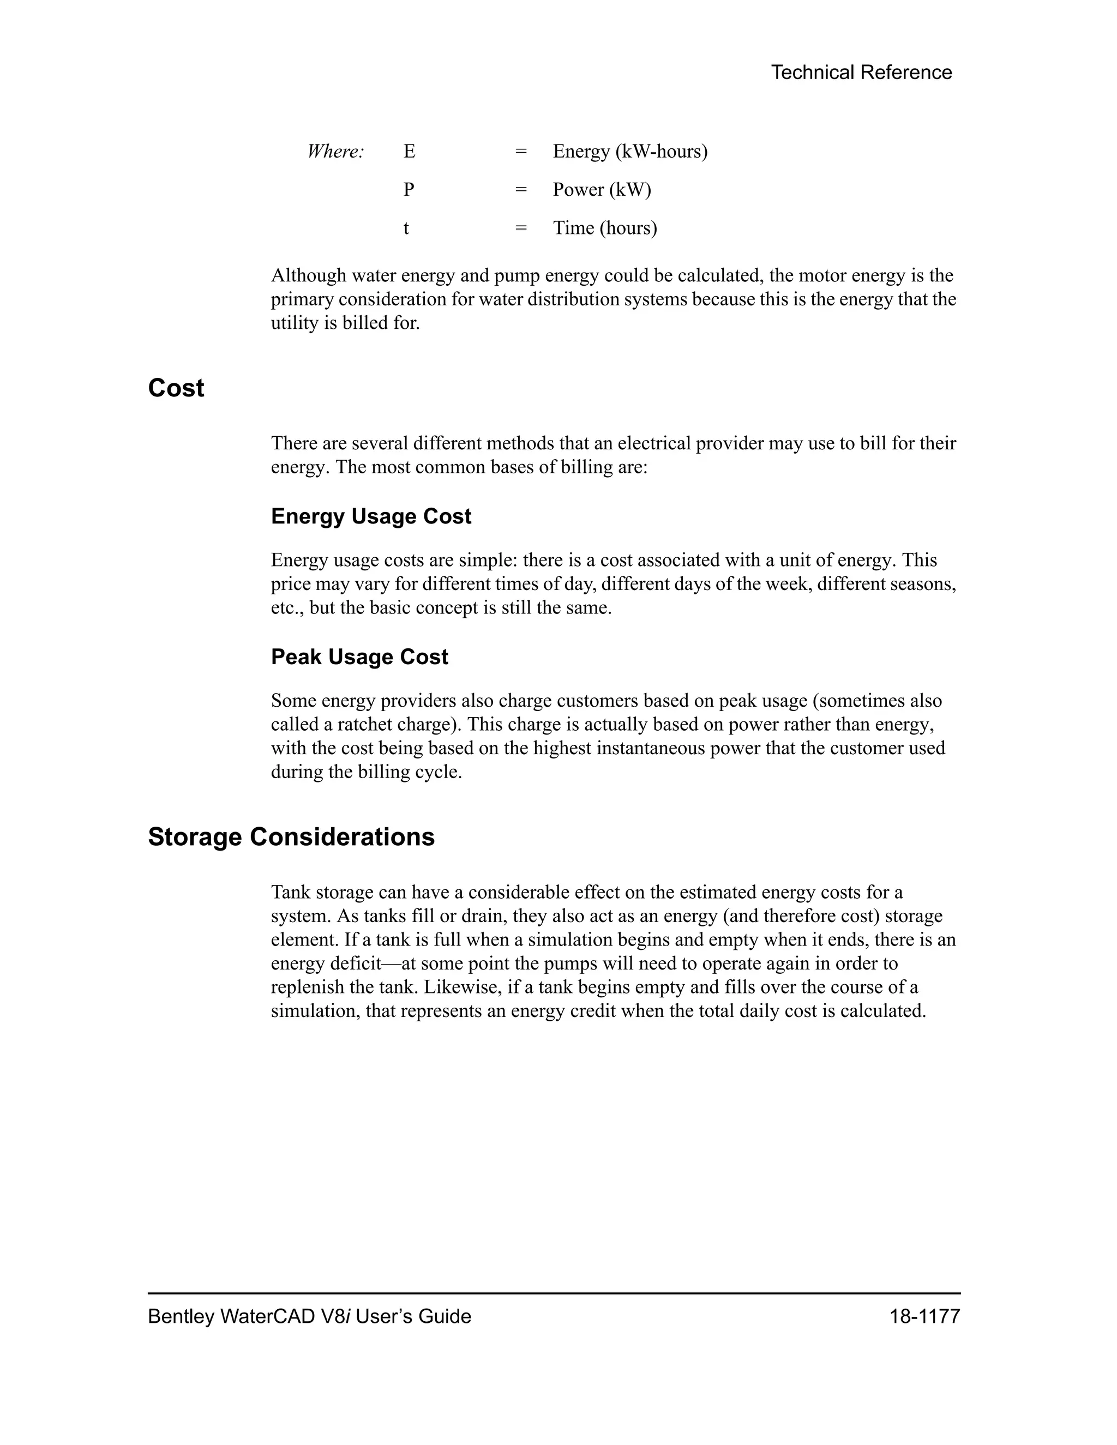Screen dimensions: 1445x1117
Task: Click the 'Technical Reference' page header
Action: click(x=861, y=72)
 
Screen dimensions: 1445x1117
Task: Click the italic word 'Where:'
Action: click(x=335, y=152)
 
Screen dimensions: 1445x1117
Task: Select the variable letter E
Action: click(x=409, y=152)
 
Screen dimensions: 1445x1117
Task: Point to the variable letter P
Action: click(x=409, y=190)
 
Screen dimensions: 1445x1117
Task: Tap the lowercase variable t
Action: click(x=406, y=228)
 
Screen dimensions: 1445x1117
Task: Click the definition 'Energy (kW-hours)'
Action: click(x=630, y=152)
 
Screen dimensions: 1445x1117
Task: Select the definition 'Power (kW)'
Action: click(x=602, y=190)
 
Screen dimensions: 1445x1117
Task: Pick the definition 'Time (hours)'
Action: click(x=605, y=228)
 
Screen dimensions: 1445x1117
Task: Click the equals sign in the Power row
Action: click(x=521, y=190)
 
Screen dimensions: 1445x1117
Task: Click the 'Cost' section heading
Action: click(x=176, y=388)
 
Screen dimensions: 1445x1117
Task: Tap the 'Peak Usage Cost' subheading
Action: click(x=359, y=657)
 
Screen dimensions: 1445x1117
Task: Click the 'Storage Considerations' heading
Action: click(x=291, y=837)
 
